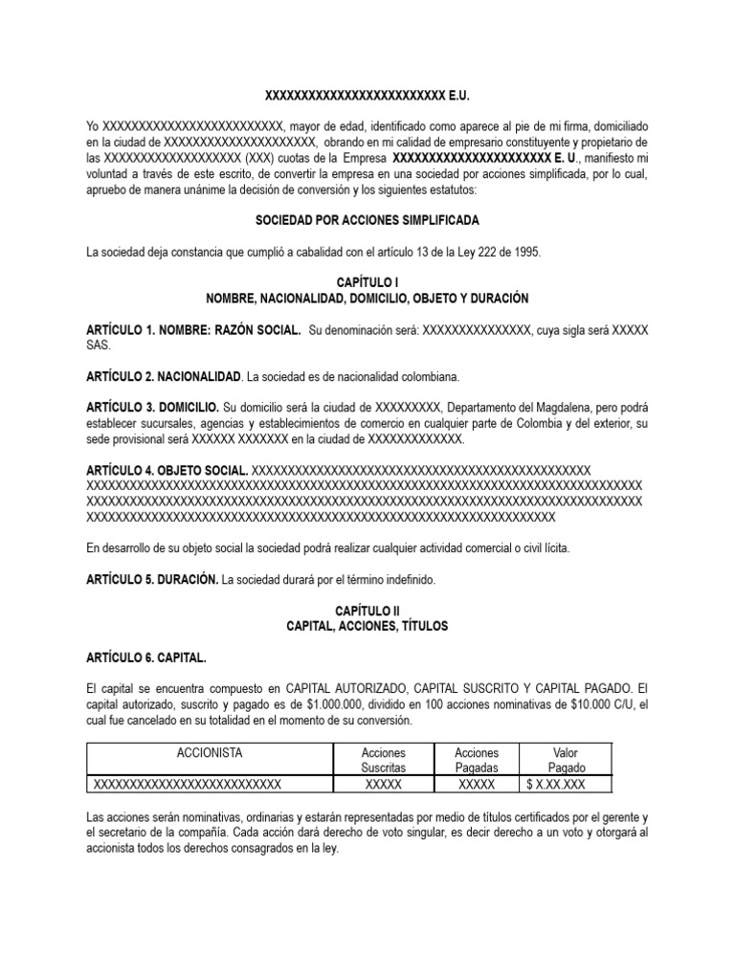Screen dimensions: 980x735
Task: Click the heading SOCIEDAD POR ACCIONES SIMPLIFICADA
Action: coord(367,220)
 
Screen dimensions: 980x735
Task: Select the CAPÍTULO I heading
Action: coord(367,283)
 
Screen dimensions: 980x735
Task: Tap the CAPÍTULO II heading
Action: coord(367,611)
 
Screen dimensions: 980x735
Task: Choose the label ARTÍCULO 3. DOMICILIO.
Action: coord(153,408)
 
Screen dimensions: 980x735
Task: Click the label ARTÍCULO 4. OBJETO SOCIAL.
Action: coord(167,470)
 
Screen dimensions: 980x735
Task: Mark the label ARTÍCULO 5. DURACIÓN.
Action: coord(153,580)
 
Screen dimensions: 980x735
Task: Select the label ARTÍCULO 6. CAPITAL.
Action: coord(146,658)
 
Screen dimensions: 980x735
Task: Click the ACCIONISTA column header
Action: coord(210,753)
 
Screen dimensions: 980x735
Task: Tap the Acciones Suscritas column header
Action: coord(383,761)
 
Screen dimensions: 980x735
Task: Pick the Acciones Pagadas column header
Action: coord(477,761)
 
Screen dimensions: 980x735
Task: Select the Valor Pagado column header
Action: coord(566,761)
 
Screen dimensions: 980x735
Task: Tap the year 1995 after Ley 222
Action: coord(525,252)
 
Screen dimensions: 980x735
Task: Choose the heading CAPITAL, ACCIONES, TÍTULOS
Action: coord(367,627)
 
